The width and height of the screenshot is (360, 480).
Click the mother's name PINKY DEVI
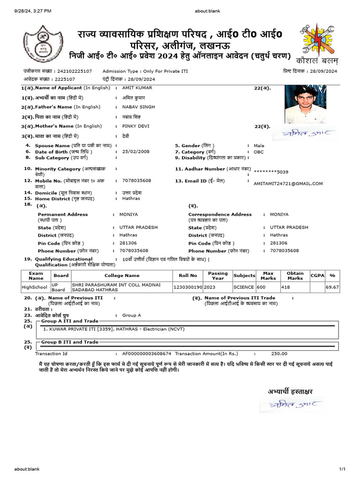point(135,126)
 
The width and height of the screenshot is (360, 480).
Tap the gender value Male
point(259,146)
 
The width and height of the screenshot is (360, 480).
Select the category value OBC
point(259,152)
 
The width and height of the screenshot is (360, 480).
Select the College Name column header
point(122,276)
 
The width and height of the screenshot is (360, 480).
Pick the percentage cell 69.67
point(332,287)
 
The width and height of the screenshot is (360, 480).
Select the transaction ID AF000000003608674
point(146,354)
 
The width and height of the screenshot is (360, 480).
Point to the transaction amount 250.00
point(279,354)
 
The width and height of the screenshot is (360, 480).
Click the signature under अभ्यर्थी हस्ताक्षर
point(286,404)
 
